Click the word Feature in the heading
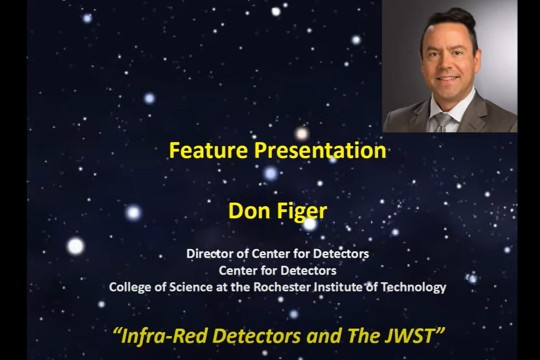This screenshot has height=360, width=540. click(x=201, y=151)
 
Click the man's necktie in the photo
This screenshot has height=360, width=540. click(x=440, y=122)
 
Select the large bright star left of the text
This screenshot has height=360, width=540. click(x=75, y=246)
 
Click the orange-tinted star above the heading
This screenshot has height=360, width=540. click(x=302, y=133)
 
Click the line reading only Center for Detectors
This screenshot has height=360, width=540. click(x=277, y=270)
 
